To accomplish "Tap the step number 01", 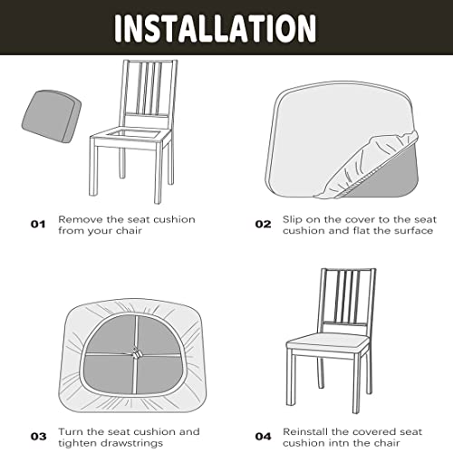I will coord(37,223).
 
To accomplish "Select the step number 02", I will coord(263,223).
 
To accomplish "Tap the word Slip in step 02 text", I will coord(293,218).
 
